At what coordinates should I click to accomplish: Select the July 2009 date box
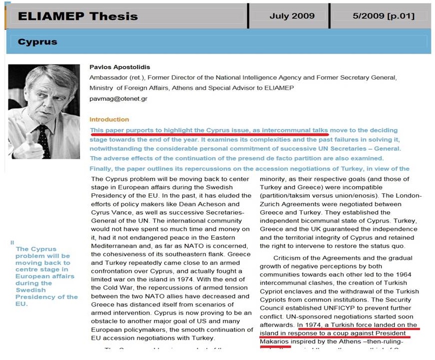(292, 16)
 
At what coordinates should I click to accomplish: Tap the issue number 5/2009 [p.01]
(383, 16)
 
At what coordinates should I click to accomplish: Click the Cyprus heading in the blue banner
(37, 42)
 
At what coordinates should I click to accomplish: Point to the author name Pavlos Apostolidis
(120, 67)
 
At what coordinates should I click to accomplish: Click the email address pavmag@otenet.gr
(118, 99)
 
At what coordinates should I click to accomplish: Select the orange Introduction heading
(109, 120)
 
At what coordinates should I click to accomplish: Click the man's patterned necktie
(43, 136)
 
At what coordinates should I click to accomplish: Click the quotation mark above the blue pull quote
(12, 243)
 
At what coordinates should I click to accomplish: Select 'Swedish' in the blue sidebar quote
(31, 290)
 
